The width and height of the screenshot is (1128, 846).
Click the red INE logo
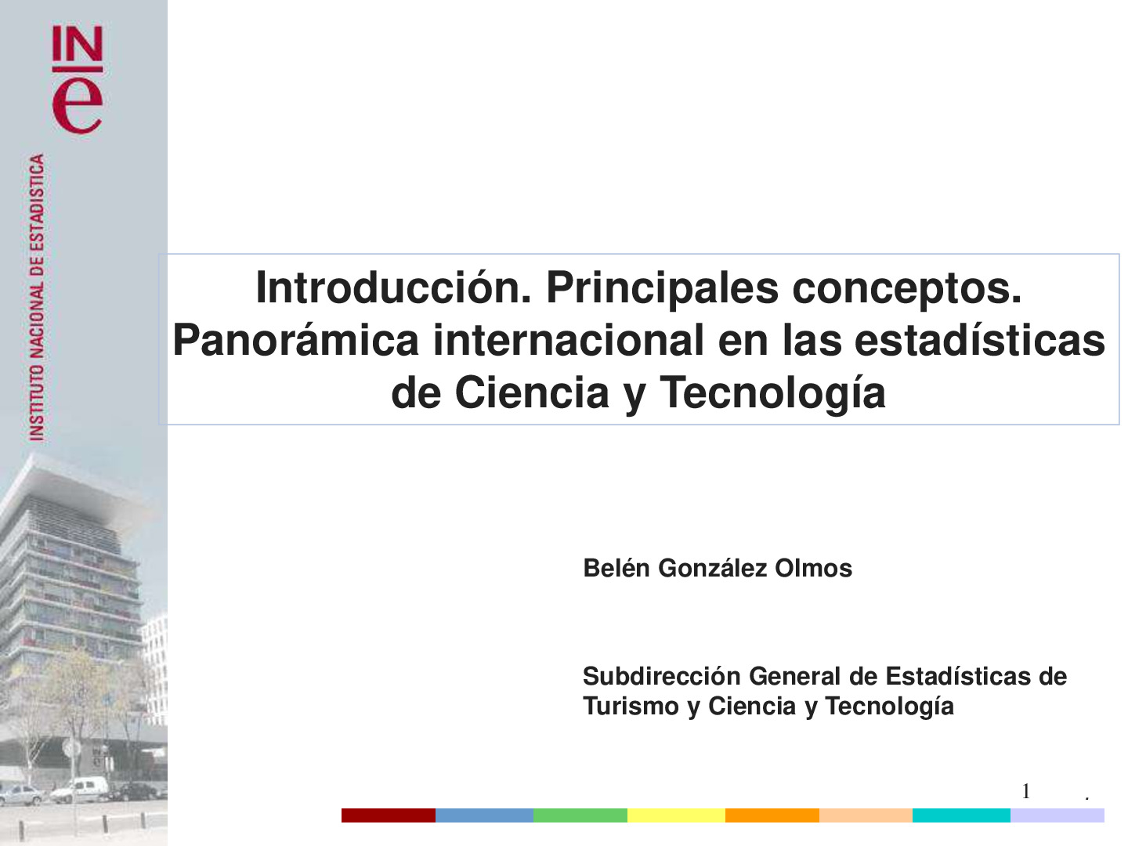77,80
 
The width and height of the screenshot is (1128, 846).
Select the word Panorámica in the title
295,340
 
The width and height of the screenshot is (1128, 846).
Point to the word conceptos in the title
906,287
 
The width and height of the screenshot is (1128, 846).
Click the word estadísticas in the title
979,340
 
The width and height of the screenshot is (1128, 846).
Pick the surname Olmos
813,568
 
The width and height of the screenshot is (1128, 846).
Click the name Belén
616,568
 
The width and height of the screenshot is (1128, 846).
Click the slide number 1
1025,791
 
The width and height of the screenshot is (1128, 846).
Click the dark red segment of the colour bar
388,815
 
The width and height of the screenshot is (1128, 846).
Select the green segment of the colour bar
580,815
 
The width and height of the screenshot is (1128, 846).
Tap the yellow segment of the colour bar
676,815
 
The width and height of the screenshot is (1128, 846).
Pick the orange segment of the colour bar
772,815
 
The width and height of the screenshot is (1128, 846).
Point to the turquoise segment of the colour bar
961,815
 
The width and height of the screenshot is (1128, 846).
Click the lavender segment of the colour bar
1057,815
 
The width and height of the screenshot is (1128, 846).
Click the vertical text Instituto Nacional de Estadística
37,298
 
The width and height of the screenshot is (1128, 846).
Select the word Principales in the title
662,287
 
